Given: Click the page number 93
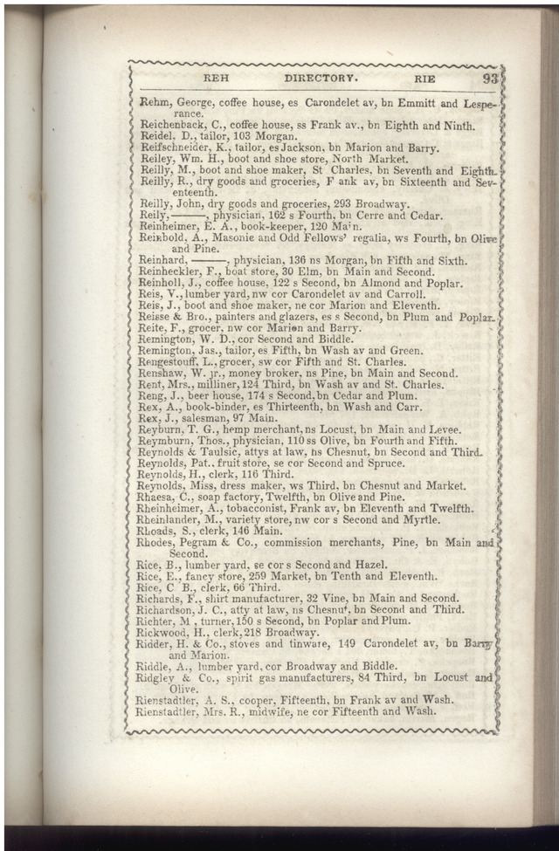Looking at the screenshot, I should (490, 78).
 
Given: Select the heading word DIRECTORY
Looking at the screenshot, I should (315, 78).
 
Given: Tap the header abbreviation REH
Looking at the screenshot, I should (216, 78).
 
